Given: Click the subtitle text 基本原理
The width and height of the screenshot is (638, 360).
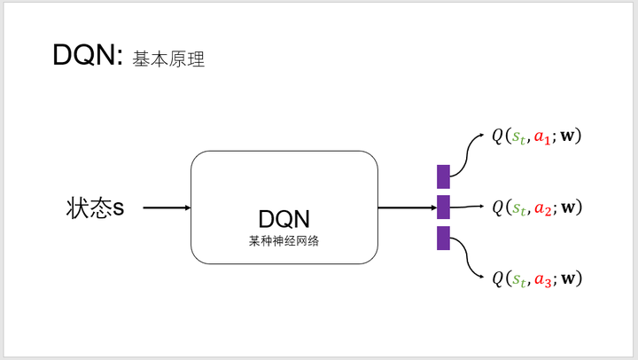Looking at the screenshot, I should pyautogui.click(x=169, y=59).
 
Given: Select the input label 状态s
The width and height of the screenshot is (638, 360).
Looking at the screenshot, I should pyautogui.click(x=95, y=208).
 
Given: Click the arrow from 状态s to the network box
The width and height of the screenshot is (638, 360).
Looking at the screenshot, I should pyautogui.click(x=167, y=208).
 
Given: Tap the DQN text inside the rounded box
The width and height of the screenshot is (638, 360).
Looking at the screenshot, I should pyautogui.click(x=284, y=219).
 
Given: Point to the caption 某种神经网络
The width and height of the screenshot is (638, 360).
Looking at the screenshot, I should pyautogui.click(x=284, y=239).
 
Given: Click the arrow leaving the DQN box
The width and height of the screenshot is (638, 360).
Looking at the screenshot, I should pyautogui.click(x=407, y=208).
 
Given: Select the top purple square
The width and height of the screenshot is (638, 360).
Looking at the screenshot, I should pyautogui.click(x=443, y=176).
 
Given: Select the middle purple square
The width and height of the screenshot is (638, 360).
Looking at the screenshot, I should pyautogui.click(x=443, y=207).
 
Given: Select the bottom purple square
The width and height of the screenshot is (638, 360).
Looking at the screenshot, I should pyautogui.click(x=443, y=238).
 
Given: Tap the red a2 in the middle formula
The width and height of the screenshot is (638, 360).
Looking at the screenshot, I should pyautogui.click(x=543, y=208).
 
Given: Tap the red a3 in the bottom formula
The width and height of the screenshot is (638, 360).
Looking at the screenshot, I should pyautogui.click(x=543, y=279).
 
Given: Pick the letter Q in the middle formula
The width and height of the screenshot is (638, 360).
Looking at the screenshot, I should pyautogui.click(x=498, y=208).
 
